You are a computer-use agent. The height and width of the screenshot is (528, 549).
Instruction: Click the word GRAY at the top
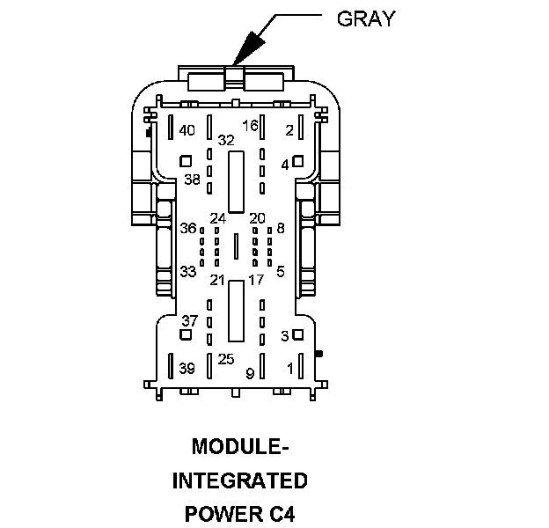tap(365, 18)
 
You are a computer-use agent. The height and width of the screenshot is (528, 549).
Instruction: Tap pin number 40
tap(187, 130)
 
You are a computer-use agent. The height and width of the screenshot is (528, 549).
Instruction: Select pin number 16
tap(250, 126)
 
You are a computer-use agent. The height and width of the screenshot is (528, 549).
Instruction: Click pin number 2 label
tap(289, 130)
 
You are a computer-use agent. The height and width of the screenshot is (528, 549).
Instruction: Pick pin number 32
tap(226, 140)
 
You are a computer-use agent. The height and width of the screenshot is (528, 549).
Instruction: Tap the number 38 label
tap(193, 180)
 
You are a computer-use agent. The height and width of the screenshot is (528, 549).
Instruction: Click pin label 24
tap(217, 217)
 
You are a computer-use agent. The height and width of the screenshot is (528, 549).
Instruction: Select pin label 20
tap(257, 217)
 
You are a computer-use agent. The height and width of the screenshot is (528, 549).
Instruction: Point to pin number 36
tap(188, 228)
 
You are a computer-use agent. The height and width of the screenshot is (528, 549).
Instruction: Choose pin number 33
tap(187, 271)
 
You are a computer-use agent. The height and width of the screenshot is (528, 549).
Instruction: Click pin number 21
tap(217, 280)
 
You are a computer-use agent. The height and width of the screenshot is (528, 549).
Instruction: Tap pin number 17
tap(256, 280)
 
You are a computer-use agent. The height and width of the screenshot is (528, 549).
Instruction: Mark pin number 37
tap(190, 319)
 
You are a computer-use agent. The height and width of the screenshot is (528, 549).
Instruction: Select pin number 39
tap(187, 368)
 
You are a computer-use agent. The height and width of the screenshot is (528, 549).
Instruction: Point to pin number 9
tap(250, 374)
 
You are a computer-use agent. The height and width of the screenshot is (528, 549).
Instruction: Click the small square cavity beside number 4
tap(298, 161)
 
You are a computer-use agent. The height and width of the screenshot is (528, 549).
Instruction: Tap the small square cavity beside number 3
tap(298, 334)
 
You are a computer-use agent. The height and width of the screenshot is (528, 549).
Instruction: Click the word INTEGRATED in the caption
tap(240, 480)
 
